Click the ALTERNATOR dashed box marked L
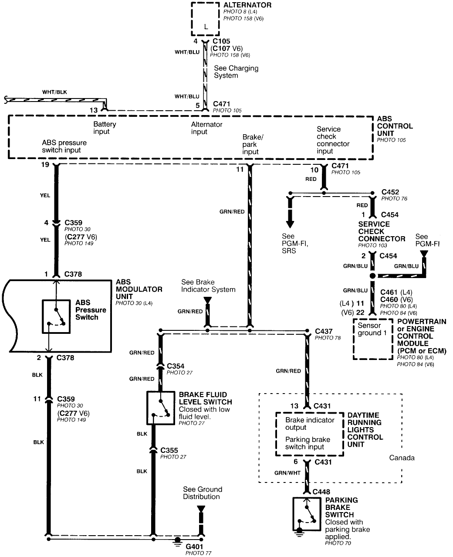(205, 20)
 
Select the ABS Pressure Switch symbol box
(56, 316)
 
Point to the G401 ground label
(195, 546)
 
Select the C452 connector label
(390, 192)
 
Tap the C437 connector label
(324, 331)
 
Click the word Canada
(402, 458)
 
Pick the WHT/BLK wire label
(54, 92)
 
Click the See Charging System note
(236, 72)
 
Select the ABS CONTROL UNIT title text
(394, 126)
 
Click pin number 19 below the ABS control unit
(45, 165)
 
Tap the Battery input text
(105, 128)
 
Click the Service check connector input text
(333, 140)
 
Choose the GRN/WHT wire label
(287, 472)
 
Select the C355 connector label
(169, 450)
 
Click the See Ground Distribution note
(202, 493)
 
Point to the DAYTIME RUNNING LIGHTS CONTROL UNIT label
(365, 430)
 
